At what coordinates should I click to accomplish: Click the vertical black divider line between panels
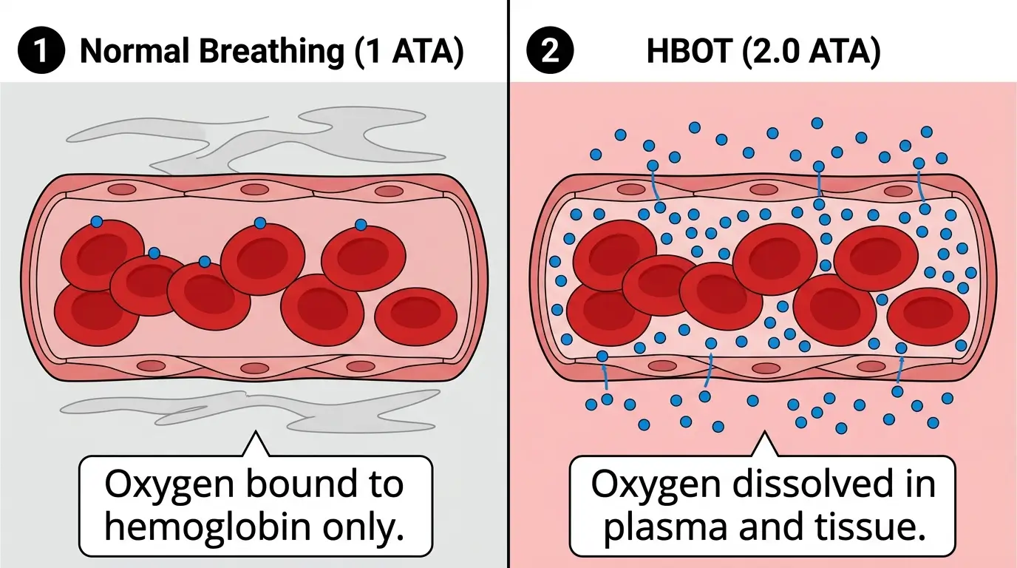(x=509, y=296)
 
